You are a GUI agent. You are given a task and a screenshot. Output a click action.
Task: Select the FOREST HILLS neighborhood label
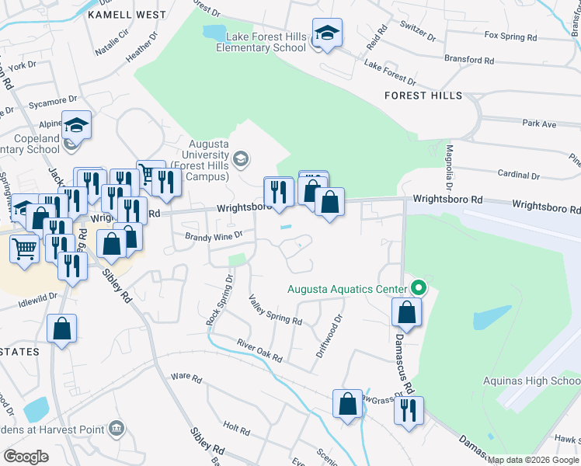click(423, 96)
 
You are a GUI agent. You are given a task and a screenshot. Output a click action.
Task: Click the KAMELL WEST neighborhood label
click(127, 15)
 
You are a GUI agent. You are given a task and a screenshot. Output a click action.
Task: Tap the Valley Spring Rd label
click(275, 310)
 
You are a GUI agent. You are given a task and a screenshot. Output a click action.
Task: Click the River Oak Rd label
click(260, 349)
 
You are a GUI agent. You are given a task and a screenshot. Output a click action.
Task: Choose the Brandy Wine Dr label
click(214, 235)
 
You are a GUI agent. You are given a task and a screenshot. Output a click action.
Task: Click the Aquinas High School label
click(531, 381)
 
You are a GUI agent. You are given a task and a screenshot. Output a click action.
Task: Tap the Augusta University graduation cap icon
click(242, 159)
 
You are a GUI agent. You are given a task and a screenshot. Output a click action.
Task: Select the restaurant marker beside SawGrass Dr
click(409, 410)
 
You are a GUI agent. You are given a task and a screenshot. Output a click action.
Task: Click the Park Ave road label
click(539, 123)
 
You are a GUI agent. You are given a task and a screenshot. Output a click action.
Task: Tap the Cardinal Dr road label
click(513, 174)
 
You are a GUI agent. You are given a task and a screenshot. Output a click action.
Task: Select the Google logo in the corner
click(26, 456)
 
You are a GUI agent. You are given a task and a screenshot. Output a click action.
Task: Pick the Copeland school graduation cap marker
click(77, 125)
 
